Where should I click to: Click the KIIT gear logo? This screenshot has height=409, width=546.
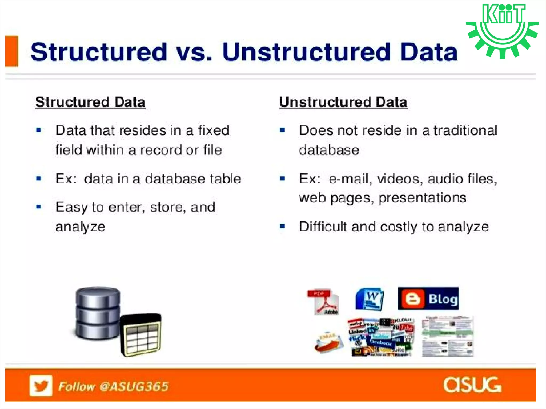(x=502, y=31)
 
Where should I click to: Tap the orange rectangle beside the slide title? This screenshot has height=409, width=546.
(x=12, y=51)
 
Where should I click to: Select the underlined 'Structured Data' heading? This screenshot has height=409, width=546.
(x=90, y=102)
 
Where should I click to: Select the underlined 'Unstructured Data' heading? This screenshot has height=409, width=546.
(x=343, y=102)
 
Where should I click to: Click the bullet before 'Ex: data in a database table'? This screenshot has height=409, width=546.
(x=39, y=178)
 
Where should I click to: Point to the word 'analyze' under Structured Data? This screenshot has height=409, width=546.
(x=80, y=227)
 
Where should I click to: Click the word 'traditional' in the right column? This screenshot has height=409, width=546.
(x=465, y=130)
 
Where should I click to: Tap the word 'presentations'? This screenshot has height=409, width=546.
(x=422, y=198)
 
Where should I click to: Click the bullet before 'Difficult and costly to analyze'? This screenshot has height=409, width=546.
(x=283, y=227)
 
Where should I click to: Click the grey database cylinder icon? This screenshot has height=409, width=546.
(x=98, y=313)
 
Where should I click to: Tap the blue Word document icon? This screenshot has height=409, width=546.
(x=370, y=299)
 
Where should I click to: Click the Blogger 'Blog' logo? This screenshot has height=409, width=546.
(x=428, y=298)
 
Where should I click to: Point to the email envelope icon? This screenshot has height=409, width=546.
(x=328, y=342)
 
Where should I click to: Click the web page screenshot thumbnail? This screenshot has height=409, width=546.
(x=447, y=336)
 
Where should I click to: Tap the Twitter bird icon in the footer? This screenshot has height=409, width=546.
(x=41, y=386)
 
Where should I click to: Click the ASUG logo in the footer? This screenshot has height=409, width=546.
(x=472, y=385)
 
